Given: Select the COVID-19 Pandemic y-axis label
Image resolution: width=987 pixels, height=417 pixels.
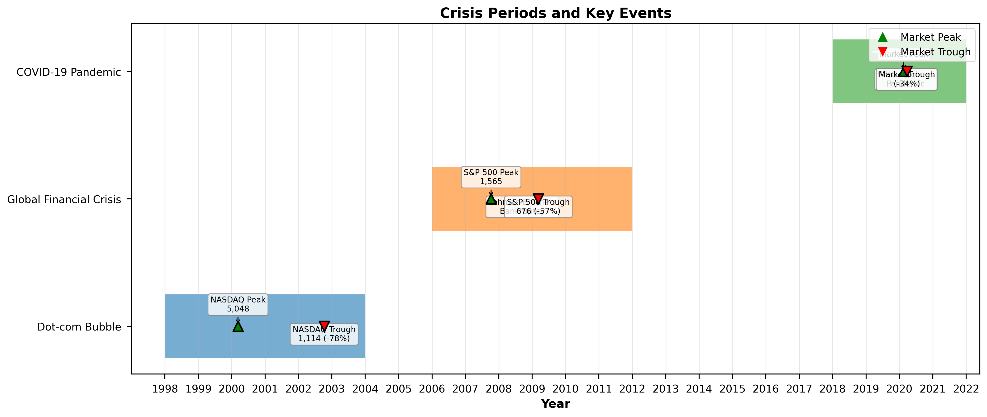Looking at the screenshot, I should click(69, 72).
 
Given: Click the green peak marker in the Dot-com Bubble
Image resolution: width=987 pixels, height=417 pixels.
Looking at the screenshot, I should click(238, 326).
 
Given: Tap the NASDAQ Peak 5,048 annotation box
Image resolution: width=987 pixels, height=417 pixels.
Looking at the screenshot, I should click(238, 304).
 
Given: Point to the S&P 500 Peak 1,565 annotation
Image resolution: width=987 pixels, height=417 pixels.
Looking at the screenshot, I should click(491, 177).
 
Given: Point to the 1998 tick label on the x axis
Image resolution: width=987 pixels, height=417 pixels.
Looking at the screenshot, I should click(165, 389).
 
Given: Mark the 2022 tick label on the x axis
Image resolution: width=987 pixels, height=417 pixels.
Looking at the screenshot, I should click(966, 389).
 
